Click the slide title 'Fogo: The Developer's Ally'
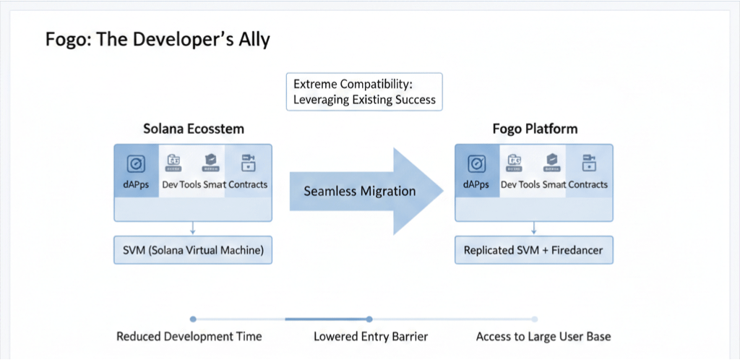pos(158,39)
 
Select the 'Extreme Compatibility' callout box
pos(364,91)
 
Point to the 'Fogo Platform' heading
pos(534,129)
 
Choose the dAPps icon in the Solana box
pos(135,163)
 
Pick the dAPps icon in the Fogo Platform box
pos(476,163)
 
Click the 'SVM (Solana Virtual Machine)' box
pos(192,250)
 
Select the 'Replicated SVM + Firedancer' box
pos(533,250)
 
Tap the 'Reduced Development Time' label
pos(189,336)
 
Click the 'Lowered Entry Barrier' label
pos(371,336)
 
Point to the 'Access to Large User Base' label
pos(543,336)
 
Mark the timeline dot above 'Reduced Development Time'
pos(192,319)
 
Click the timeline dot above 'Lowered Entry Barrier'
pos(369,319)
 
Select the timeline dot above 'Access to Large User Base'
pos(535,319)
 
